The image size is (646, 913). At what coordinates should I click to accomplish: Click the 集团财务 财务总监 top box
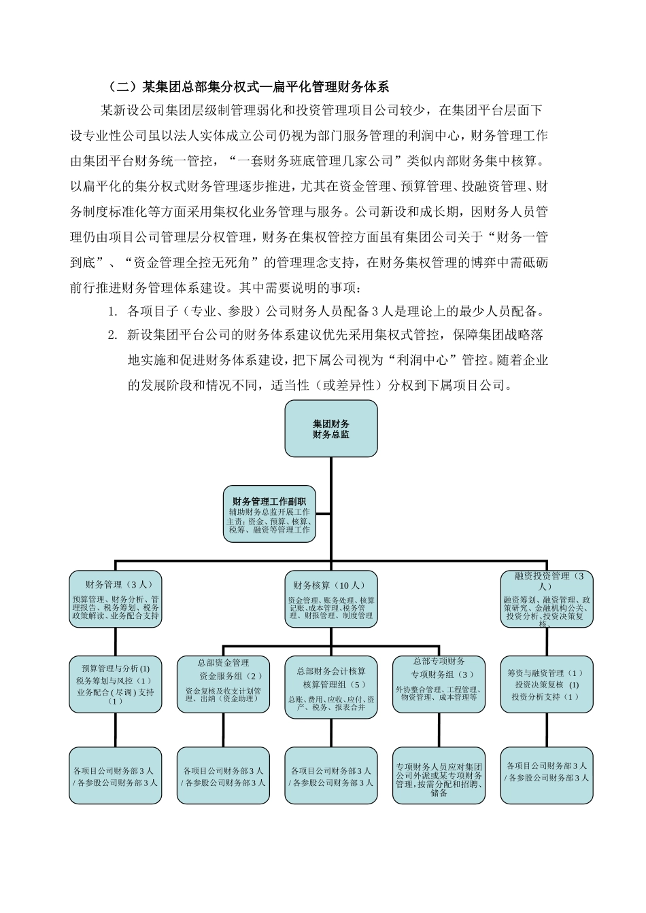[x=330, y=429]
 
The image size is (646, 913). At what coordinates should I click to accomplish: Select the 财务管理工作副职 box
[x=269, y=514]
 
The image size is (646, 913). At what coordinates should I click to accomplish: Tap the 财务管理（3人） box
[x=116, y=598]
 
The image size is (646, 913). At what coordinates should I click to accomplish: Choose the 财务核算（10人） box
[x=330, y=598]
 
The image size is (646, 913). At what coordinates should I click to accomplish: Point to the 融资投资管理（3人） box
[x=546, y=598]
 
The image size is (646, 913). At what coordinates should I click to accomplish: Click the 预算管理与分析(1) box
[x=116, y=684]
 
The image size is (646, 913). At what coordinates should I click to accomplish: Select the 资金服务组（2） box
[x=223, y=684]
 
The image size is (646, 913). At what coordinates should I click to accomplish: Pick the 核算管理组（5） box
[x=330, y=687]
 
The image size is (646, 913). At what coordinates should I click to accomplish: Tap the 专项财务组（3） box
[x=439, y=684]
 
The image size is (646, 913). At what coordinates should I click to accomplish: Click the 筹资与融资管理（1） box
[x=546, y=684]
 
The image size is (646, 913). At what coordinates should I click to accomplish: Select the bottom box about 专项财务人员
[x=439, y=776]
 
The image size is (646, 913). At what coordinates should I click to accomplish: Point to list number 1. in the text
[x=113, y=312]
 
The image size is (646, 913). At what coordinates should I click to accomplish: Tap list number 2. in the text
[x=113, y=336]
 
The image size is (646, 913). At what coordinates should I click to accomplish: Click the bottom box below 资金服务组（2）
[x=223, y=776]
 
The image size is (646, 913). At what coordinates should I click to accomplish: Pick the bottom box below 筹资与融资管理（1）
[x=546, y=776]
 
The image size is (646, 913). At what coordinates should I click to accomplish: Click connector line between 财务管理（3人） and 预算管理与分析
[x=116, y=641]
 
